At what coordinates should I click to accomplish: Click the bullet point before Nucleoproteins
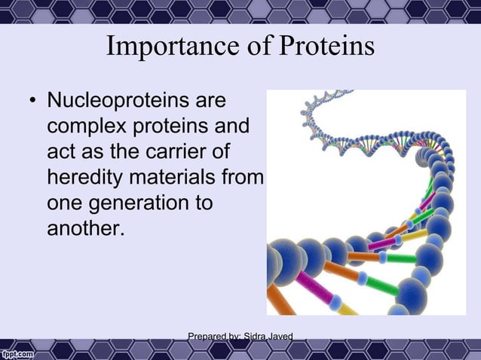[30, 101]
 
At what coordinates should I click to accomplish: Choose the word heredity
[87, 178]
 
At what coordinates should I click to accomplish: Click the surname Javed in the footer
[280, 337]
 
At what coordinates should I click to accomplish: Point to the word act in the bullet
[61, 152]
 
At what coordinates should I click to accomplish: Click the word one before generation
[66, 203]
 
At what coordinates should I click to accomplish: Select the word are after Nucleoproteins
[211, 100]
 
